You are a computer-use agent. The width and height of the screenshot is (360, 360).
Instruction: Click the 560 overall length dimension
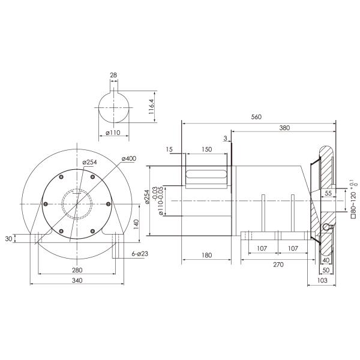click(x=257, y=118)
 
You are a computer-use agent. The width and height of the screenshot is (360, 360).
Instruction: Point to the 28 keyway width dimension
click(x=113, y=76)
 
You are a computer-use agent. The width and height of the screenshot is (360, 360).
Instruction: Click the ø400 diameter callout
click(x=128, y=158)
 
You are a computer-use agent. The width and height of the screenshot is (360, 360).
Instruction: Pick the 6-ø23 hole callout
click(x=140, y=254)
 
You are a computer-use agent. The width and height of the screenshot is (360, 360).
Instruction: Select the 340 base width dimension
click(x=77, y=281)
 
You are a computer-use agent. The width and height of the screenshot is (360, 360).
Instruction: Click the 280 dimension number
click(x=77, y=271)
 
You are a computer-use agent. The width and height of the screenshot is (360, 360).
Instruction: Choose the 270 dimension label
click(x=278, y=263)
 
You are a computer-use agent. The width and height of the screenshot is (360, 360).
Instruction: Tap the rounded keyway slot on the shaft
click(x=206, y=175)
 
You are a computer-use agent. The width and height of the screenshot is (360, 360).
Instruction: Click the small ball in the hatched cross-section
click(x=325, y=228)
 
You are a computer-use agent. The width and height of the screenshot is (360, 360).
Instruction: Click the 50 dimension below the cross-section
click(x=325, y=270)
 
